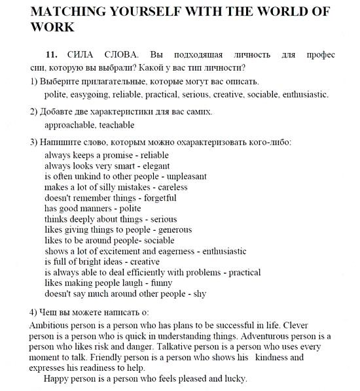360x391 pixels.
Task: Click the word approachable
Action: coord(69,124)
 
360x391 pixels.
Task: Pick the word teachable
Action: coord(117,124)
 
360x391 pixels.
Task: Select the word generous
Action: coord(173,229)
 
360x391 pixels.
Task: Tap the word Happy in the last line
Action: coord(55,379)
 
